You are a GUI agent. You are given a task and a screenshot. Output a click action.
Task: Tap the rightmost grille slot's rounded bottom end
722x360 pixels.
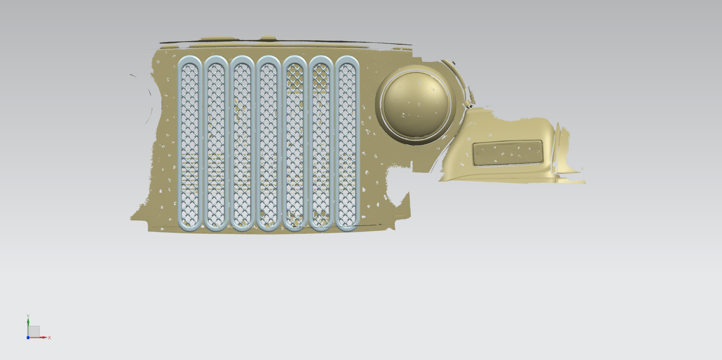[x=347, y=228]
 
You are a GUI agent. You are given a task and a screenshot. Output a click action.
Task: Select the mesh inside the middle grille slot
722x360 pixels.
[x=268, y=144]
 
